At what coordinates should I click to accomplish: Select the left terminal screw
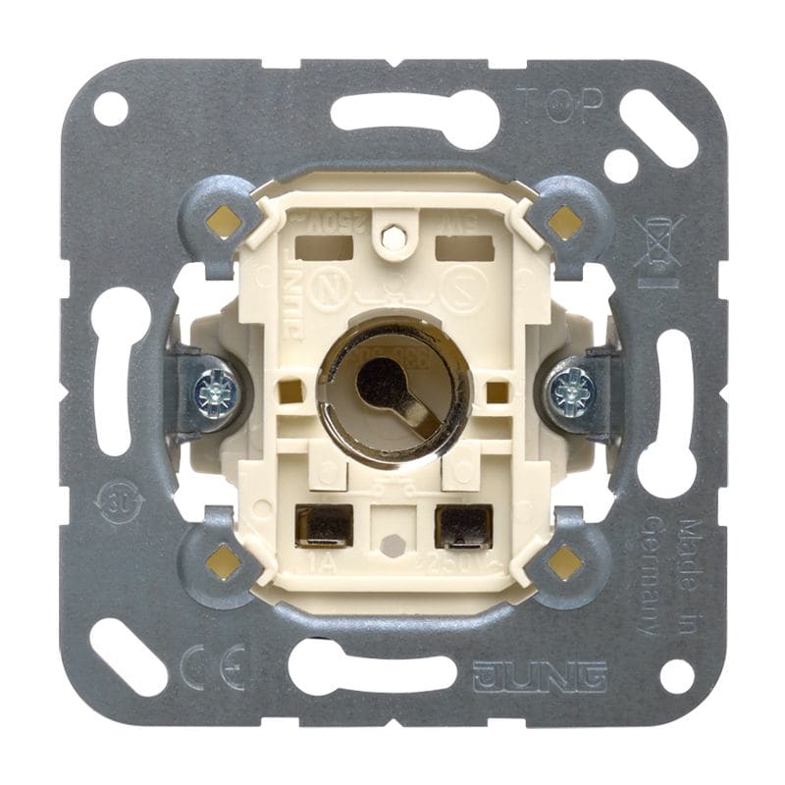tap(215, 393)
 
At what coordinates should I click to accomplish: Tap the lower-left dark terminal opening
tap(324, 526)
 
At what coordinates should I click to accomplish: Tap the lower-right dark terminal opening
tap(463, 525)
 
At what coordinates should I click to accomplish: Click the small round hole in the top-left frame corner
tap(110, 108)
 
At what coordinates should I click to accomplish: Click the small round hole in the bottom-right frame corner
tap(676, 675)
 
